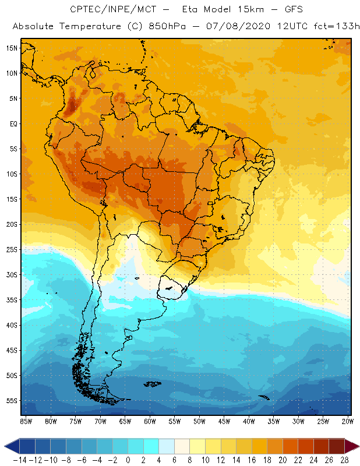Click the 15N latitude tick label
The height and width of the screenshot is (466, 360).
point(11,48)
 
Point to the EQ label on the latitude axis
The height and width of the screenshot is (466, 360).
point(12,123)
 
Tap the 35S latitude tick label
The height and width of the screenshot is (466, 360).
point(11,300)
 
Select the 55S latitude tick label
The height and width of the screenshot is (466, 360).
point(11,401)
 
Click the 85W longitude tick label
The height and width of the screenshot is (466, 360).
point(26,421)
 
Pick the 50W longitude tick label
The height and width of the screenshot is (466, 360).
point(200,421)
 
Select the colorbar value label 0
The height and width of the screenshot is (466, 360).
point(128,460)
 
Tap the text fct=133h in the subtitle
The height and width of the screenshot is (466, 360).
point(331,26)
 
